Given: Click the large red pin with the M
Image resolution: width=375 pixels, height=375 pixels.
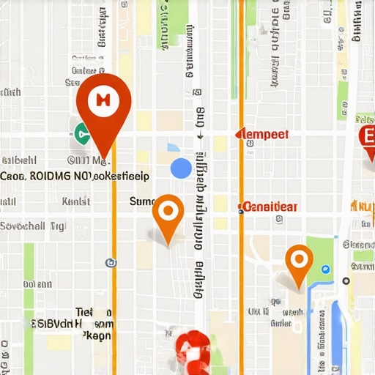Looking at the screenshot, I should point(103,103).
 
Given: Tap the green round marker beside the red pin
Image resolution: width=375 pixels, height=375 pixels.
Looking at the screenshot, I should point(81,133).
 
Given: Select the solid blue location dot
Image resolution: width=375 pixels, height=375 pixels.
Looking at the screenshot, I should point(180,168).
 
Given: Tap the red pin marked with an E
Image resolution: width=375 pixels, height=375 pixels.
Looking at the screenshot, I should point(368,136).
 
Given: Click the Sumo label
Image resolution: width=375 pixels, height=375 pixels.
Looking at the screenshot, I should point(142,201).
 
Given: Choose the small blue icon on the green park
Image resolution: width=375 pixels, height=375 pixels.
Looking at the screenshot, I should point(325,270).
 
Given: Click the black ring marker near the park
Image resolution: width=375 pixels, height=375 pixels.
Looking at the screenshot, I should point(346,281).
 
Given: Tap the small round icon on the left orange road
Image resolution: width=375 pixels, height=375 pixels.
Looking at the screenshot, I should point(111,261).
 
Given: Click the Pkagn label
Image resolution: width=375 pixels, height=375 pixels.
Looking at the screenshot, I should point(96,335).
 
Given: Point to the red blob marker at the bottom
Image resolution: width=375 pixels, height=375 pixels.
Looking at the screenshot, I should point(193,350).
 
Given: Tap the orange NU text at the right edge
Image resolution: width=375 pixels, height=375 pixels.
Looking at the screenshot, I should point(363,206).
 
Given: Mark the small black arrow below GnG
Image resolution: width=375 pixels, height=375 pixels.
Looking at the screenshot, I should point(198,135).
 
